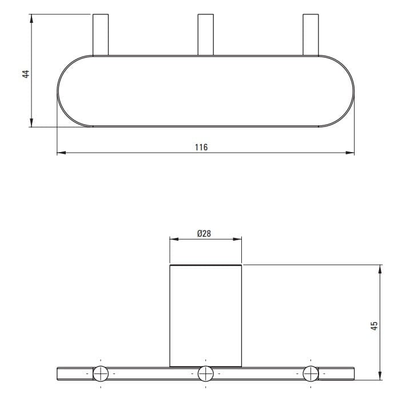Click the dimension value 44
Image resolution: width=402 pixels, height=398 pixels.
click(x=26, y=74)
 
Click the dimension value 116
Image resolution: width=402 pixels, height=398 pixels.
click(x=201, y=147)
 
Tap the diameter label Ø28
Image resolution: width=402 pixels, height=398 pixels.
click(x=204, y=234)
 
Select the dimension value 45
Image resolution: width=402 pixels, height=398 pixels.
click(x=375, y=326)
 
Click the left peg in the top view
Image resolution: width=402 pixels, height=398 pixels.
click(x=101, y=35)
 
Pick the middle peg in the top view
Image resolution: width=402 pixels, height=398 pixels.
click(x=206, y=35)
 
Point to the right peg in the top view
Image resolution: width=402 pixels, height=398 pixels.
click(x=311, y=35)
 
